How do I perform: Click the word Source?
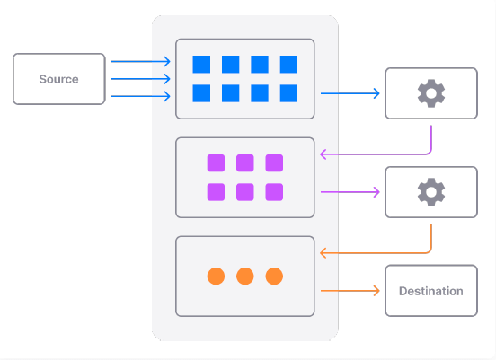click(x=58, y=79)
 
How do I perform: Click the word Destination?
click(x=431, y=291)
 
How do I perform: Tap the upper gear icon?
click(x=431, y=93)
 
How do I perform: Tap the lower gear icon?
click(x=431, y=192)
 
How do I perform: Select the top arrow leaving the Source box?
click(x=141, y=61)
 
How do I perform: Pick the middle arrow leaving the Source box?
click(x=141, y=79)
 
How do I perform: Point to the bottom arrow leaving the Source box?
click(x=141, y=96)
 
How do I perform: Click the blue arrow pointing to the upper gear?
click(x=350, y=93)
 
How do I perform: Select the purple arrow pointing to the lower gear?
click(x=350, y=192)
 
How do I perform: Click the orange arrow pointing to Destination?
click(x=350, y=291)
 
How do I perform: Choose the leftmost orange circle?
click(x=216, y=276)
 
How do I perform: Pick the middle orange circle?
click(x=245, y=276)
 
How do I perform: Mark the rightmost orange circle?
click(x=274, y=276)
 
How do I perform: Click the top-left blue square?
click(x=201, y=65)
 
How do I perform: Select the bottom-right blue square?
click(x=288, y=93)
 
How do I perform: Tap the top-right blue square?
click(x=288, y=65)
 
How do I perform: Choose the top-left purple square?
click(x=216, y=163)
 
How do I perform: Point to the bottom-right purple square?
click(x=274, y=192)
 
